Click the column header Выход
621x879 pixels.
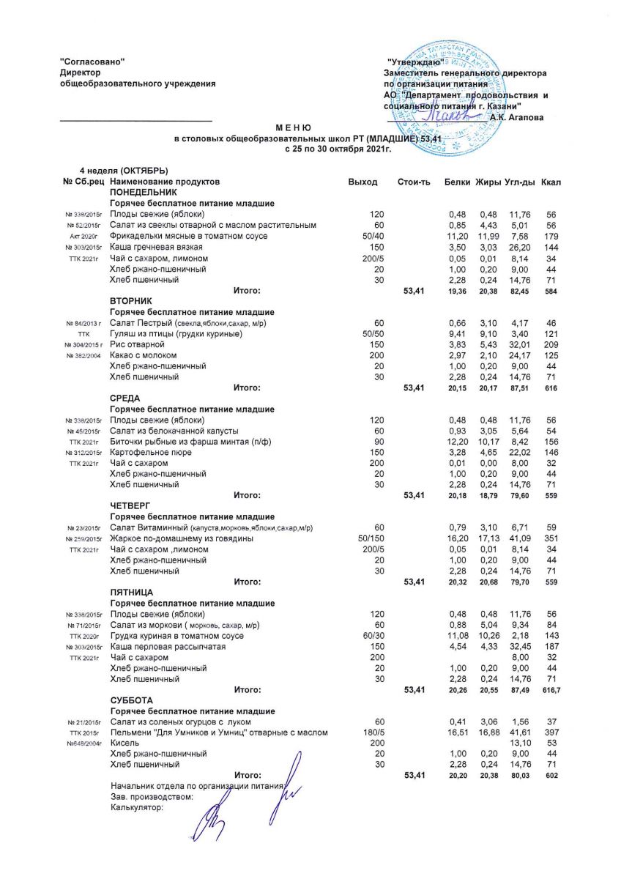coord(363,182)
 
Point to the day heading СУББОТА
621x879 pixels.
coord(131,700)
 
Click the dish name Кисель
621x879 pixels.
coord(124,742)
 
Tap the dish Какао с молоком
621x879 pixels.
coord(145,355)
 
